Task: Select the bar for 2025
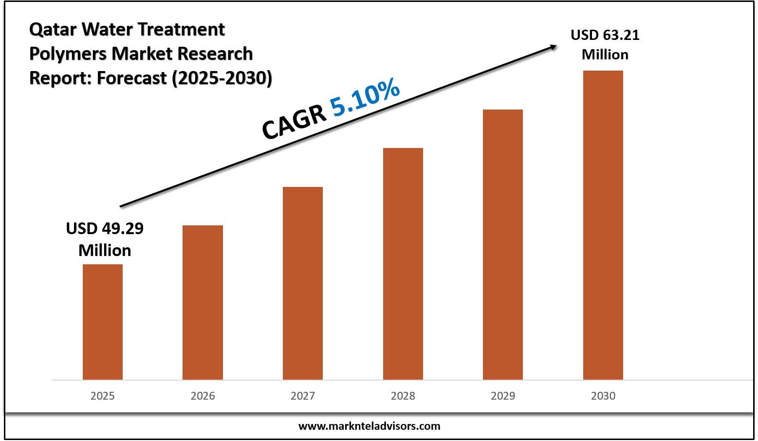pyautogui.click(x=102, y=322)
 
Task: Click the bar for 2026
pyautogui.click(x=203, y=302)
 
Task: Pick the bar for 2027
pyautogui.click(x=302, y=283)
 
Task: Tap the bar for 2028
pyautogui.click(x=403, y=263)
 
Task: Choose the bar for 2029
pyautogui.click(x=502, y=244)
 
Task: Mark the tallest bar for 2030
pyautogui.click(x=603, y=225)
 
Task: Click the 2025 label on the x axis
pyautogui.click(x=102, y=396)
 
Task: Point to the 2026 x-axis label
pyautogui.click(x=203, y=396)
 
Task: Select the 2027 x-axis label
pyautogui.click(x=302, y=396)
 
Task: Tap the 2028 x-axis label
pyautogui.click(x=403, y=396)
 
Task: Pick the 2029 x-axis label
pyautogui.click(x=503, y=396)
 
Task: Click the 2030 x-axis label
pyautogui.click(x=603, y=396)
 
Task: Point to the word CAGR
pyautogui.click(x=294, y=122)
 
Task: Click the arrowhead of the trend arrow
pyautogui.click(x=553, y=47)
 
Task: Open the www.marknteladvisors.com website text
pyautogui.click(x=369, y=426)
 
